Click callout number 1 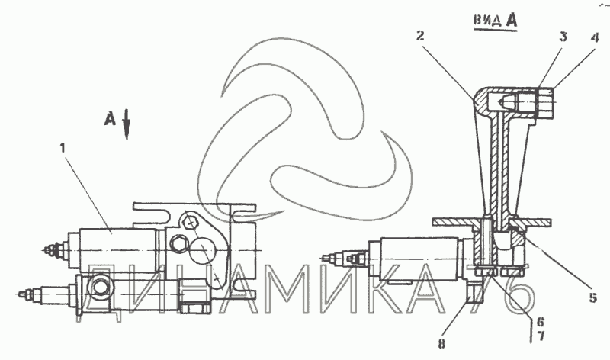pyautogui.click(x=63, y=148)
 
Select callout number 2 pyautogui.click(x=420, y=36)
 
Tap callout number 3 pyautogui.click(x=563, y=37)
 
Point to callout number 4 pyautogui.click(x=594, y=38)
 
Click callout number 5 pyautogui.click(x=593, y=297)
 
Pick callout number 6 pyautogui.click(x=541, y=322)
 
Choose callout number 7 pyautogui.click(x=541, y=336)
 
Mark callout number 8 pyautogui.click(x=441, y=344)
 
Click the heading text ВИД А pyautogui.click(x=495, y=20)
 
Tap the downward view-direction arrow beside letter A pyautogui.click(x=127, y=124)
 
